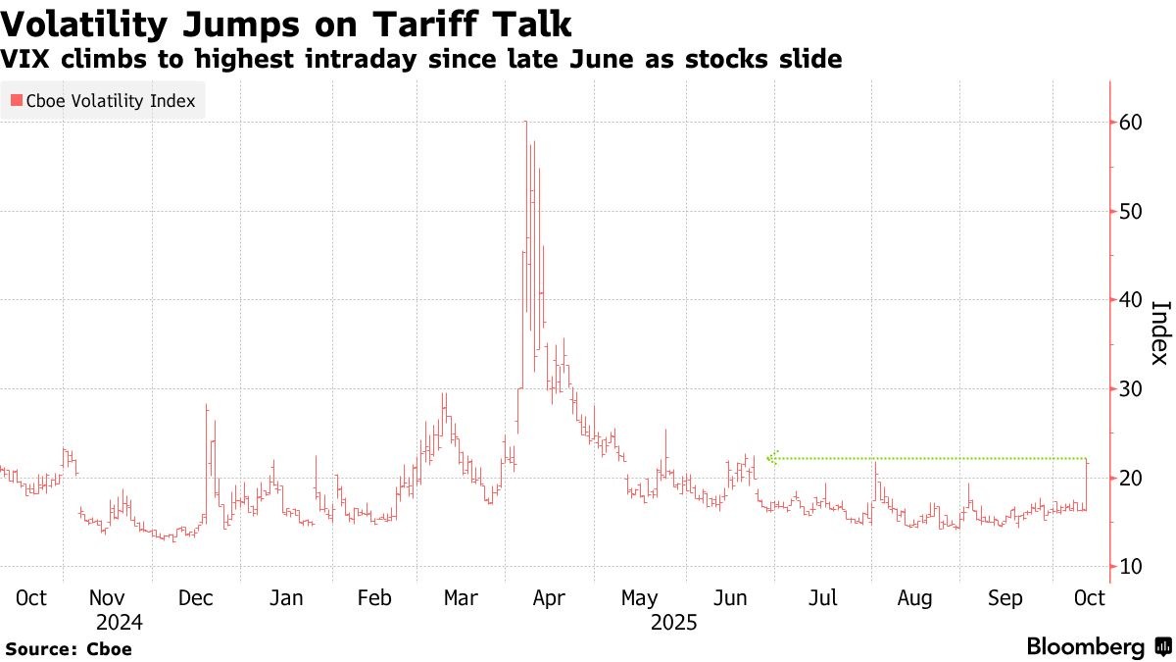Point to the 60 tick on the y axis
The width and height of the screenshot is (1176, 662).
point(1130,123)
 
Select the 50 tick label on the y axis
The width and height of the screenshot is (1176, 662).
point(1130,211)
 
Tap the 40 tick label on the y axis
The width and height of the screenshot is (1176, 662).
point(1130,300)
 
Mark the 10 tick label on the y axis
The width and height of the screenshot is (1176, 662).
point(1130,567)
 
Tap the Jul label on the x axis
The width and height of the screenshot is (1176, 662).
point(822,597)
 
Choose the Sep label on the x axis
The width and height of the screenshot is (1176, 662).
point(1004,597)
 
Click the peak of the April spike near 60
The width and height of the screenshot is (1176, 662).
point(526,122)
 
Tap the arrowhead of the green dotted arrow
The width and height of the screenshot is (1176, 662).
point(771,457)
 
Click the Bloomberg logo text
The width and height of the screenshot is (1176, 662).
point(1085,647)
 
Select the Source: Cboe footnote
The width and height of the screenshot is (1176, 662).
point(69,648)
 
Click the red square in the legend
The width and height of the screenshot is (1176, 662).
point(16,101)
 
